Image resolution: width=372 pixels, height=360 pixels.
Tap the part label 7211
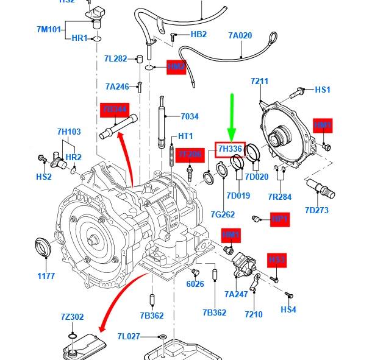coord(259,81)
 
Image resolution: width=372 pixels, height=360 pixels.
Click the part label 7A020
coord(240,35)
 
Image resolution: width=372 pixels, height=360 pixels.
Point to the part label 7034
coord(190,116)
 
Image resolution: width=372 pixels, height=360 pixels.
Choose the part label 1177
coord(46,276)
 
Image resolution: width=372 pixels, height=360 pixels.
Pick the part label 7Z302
coord(73,317)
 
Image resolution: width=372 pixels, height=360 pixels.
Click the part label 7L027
coord(129,336)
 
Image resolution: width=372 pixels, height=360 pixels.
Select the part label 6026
coord(195,283)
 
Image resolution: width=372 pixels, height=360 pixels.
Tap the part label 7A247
coord(236,294)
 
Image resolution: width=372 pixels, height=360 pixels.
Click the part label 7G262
coord(223,214)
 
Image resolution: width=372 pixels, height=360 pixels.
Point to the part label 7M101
coord(49,29)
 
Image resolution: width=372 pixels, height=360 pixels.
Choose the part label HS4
coord(288,309)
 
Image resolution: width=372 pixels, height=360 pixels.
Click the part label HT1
coord(185,136)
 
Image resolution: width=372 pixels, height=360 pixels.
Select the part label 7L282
coord(115,58)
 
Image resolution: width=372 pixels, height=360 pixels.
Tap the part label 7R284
coord(280,197)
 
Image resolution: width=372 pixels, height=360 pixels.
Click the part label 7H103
coord(69,132)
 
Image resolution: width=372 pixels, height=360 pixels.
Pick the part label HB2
coord(199,35)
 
